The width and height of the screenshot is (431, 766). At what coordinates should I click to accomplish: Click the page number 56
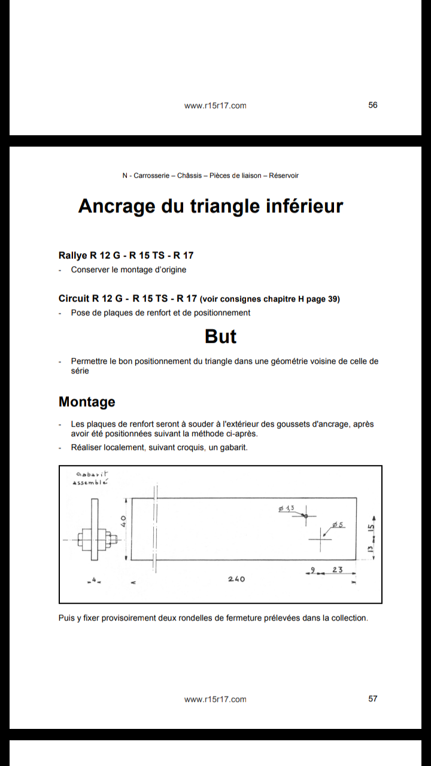coord(373,105)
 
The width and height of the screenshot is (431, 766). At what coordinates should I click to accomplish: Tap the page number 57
coord(373,698)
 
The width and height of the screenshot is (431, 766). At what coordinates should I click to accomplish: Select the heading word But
coord(220,336)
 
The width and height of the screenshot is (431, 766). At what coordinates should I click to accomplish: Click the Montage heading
coord(87,402)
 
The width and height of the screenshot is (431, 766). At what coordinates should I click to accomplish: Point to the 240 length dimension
coord(236,579)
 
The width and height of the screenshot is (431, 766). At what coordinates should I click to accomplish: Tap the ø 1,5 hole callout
coord(286,508)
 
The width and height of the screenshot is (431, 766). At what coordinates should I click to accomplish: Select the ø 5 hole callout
coord(338,525)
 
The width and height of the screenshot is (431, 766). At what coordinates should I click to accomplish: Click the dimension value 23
coord(337,570)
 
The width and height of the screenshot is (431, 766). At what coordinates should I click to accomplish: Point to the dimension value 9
coord(312,570)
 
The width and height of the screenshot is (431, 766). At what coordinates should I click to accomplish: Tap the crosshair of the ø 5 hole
coord(320,540)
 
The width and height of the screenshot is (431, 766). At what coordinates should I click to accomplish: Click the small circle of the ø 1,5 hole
coord(305,515)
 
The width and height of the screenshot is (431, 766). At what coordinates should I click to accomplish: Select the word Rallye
coord(73,256)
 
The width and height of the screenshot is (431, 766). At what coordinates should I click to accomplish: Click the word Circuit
coord(74,299)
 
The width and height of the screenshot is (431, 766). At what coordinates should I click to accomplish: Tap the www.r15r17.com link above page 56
coord(215,105)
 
